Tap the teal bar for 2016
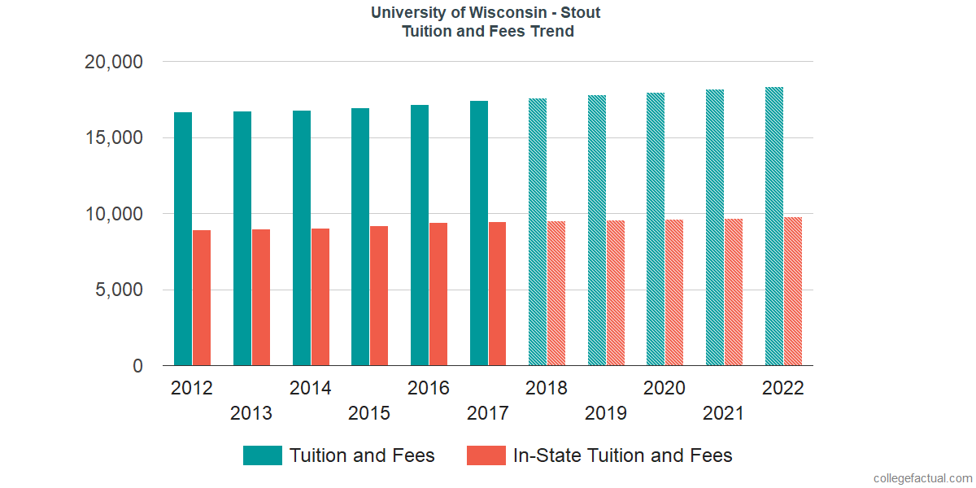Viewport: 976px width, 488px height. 420,235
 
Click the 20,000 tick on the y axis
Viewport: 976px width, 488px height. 114,62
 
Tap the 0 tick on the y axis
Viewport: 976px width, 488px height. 137,367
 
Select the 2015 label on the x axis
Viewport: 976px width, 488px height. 369,413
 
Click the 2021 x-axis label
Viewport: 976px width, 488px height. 723,413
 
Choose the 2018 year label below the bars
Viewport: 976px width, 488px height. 547,388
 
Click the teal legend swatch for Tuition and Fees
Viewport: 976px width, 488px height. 262,455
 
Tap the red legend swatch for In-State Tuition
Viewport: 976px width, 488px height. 486,455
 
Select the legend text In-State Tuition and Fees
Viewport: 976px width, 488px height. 623,455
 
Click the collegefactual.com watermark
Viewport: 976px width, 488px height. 922,478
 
